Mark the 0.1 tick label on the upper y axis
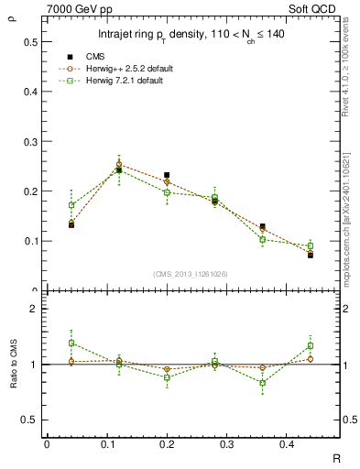tap(31, 241)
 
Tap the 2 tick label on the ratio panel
tap(34, 310)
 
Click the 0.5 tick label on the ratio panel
tap(31, 420)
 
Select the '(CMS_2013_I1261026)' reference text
tap(191, 274)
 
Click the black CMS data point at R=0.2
tap(167, 175)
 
